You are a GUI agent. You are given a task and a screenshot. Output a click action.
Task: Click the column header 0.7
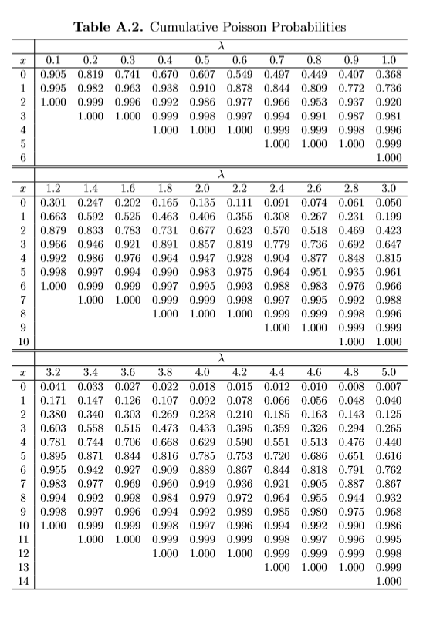pyautogui.click(x=276, y=60)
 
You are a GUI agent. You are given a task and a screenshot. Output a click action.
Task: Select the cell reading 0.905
pyautogui.click(x=53, y=74)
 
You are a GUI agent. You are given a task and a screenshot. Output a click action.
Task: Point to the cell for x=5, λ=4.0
pyautogui.click(x=201, y=455)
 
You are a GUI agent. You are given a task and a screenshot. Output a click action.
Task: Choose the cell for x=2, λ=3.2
pyautogui.click(x=53, y=413)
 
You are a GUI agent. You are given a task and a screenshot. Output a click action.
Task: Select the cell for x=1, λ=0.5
pyautogui.click(x=201, y=88)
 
